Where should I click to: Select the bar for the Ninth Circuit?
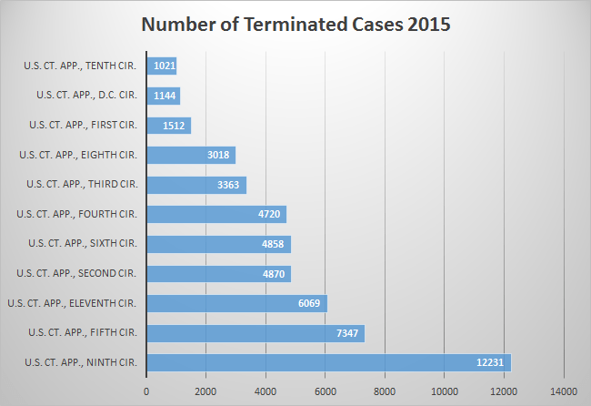click(328, 362)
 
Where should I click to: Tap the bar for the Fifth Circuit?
click(255, 333)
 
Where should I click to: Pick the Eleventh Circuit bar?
click(236, 303)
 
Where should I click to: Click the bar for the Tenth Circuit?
click(161, 66)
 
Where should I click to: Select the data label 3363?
click(228, 185)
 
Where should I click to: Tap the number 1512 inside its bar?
click(173, 126)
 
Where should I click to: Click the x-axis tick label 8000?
click(385, 392)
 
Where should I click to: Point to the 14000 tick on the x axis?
click(564, 392)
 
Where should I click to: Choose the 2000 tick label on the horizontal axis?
click(205, 392)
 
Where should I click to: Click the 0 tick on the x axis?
click(146, 392)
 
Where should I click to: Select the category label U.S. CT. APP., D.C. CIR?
click(87, 95)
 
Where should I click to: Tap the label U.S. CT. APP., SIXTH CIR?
click(83, 244)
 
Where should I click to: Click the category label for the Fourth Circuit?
click(77, 214)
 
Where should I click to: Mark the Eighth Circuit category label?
click(78, 155)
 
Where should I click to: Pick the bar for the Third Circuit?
click(195, 185)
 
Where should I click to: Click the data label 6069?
click(308, 303)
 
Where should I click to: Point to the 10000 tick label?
click(445, 392)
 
